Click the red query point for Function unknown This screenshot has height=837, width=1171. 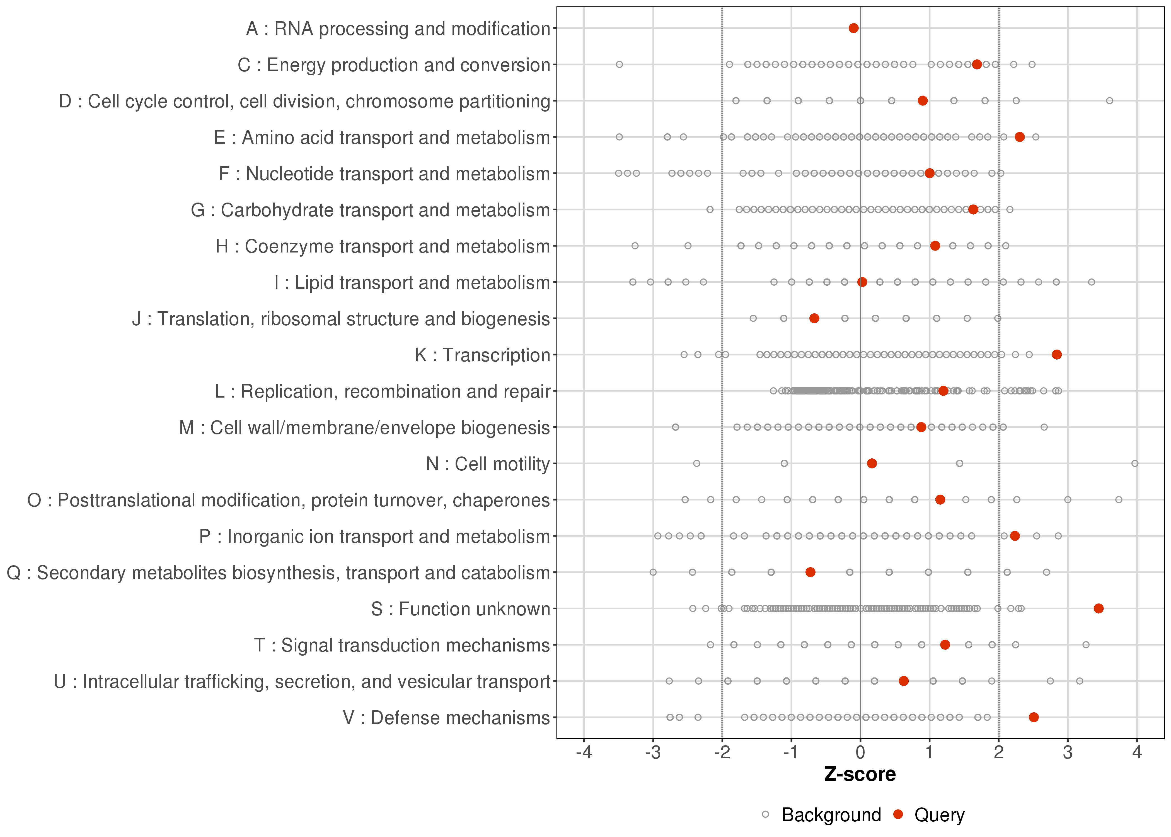(x=1099, y=609)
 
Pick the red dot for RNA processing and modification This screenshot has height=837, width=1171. (x=853, y=28)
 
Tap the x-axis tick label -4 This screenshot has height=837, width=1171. (x=584, y=753)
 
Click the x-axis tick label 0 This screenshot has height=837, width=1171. (x=860, y=753)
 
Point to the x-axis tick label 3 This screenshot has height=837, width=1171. (x=1068, y=753)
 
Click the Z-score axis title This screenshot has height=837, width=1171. (x=860, y=775)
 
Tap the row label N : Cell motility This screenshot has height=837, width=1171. (x=488, y=464)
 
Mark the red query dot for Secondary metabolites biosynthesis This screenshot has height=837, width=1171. (x=810, y=572)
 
